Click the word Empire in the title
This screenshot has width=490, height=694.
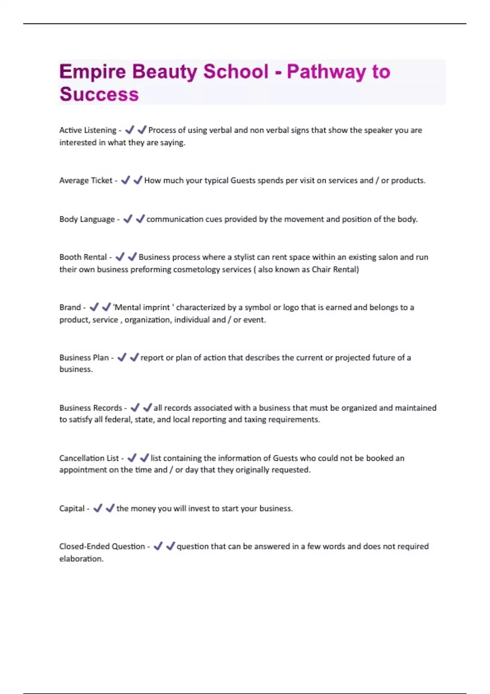click(x=93, y=72)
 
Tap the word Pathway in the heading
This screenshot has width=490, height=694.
click(x=326, y=72)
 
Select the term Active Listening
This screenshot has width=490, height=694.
click(x=88, y=130)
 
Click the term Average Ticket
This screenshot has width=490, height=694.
click(x=86, y=180)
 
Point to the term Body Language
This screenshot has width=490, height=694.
click(x=87, y=219)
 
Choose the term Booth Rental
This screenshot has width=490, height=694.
click(x=83, y=257)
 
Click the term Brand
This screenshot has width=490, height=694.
click(x=70, y=307)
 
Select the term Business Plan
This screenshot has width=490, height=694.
click(x=84, y=358)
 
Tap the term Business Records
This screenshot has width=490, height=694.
click(x=91, y=408)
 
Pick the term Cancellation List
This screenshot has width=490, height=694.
click(x=89, y=458)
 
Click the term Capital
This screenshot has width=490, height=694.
click(x=72, y=509)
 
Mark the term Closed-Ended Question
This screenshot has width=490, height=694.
click(x=102, y=547)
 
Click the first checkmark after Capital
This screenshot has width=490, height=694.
click(x=98, y=508)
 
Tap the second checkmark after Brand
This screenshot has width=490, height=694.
click(x=106, y=307)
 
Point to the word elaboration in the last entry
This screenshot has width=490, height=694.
click(x=81, y=559)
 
